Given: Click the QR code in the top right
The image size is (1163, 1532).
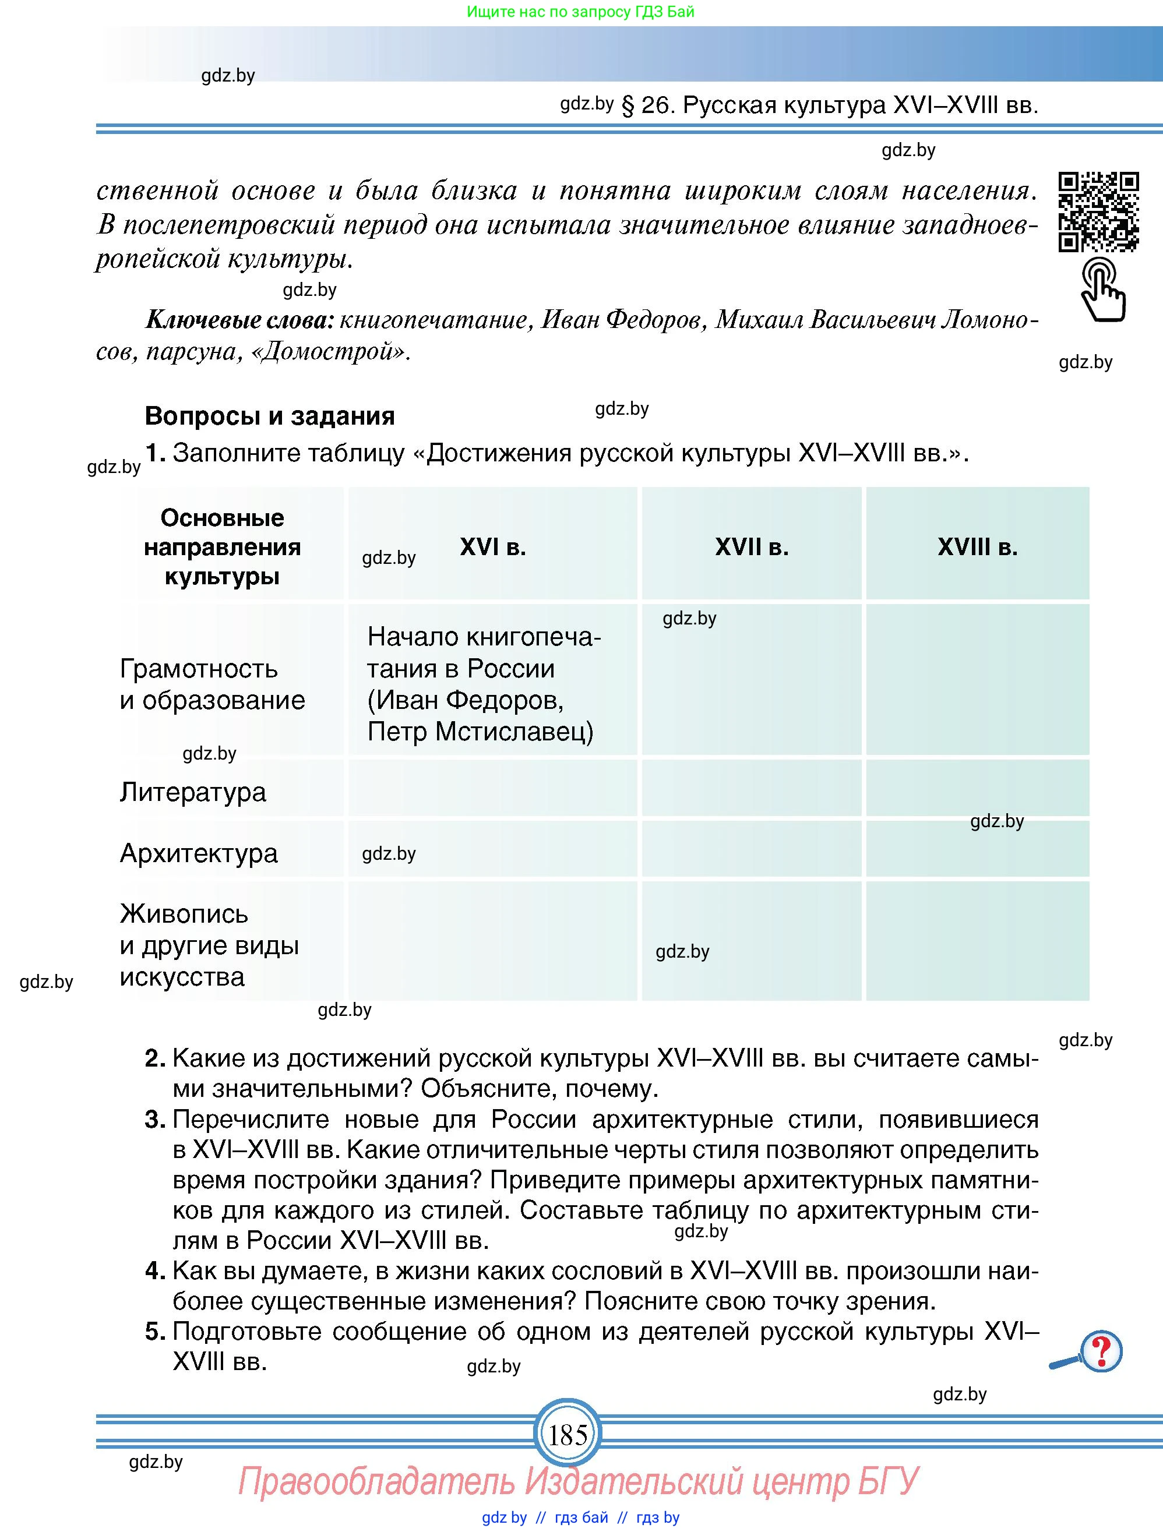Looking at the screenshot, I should pyautogui.click(x=1098, y=210).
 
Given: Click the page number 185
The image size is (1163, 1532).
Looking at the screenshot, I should pyautogui.click(x=568, y=1434).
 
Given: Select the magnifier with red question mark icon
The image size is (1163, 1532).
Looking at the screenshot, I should pyautogui.click(x=1090, y=1352).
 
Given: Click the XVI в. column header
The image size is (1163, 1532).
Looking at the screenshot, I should pyautogui.click(x=492, y=547).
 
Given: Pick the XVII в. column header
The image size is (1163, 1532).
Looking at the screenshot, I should pyautogui.click(x=752, y=547).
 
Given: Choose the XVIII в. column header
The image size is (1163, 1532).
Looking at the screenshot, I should pyautogui.click(x=977, y=547).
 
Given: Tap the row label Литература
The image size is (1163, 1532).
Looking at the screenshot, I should pyautogui.click(x=192, y=792).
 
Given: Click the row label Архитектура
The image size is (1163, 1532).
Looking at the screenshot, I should pyautogui.click(x=199, y=853).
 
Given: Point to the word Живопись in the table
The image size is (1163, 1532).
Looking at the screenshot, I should pyautogui.click(x=184, y=913).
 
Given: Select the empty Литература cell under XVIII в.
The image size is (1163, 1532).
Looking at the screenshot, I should pyautogui.click(x=977, y=788).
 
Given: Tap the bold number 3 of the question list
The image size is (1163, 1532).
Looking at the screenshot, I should pyautogui.click(x=154, y=1118).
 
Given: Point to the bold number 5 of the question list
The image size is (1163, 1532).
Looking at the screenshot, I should pyautogui.click(x=154, y=1330).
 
